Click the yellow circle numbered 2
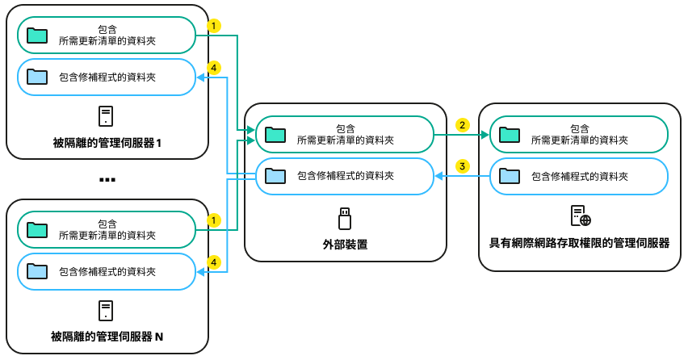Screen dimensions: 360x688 point(462,125)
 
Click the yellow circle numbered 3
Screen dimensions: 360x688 point(462,166)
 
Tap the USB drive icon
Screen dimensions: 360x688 point(345,218)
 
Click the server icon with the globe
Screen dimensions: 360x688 point(581,216)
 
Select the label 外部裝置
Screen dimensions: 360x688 point(345,244)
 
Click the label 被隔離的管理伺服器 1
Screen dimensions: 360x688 point(107,144)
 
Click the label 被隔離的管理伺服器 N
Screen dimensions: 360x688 point(107,336)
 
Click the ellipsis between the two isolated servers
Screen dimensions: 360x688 point(107,179)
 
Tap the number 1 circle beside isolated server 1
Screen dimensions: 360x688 point(213,26)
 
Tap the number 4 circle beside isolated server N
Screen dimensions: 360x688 point(213,262)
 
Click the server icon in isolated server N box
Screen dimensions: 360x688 point(106,310)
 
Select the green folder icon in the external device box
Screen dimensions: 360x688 point(275,134)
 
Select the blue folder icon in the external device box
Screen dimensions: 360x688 point(275,175)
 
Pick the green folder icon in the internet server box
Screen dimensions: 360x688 point(510,134)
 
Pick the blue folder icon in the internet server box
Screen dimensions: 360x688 point(510,175)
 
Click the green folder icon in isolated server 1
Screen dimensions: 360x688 point(37,35)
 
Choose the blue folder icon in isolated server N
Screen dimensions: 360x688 point(37,271)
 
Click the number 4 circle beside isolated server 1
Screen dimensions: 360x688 point(213,69)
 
